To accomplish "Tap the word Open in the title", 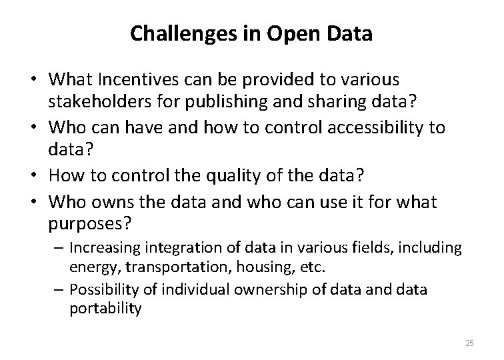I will click(x=291, y=33).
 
